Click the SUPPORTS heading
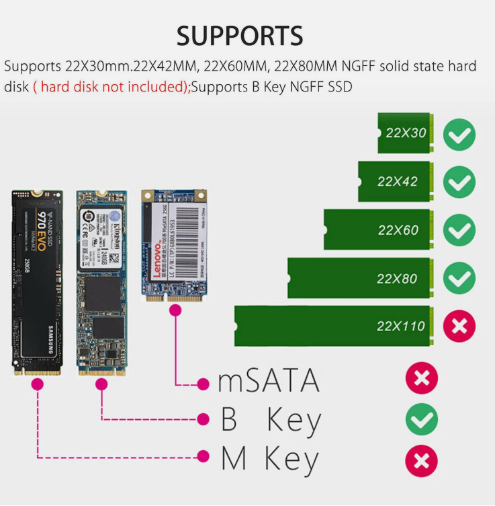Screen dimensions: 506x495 point(240,35)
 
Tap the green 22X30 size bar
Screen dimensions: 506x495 point(404,133)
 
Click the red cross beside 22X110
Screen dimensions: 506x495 point(459,326)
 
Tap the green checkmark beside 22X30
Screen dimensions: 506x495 point(459,134)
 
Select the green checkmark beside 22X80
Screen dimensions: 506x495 point(459,278)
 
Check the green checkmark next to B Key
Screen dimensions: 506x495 point(422,421)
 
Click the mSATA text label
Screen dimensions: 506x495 point(269,381)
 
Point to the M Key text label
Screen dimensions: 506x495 point(269,459)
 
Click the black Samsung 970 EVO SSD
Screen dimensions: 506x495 point(37,281)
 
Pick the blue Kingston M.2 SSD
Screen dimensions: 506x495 point(101,281)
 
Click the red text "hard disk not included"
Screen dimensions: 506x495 point(111,87)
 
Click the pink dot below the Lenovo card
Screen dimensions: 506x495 point(176,311)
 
